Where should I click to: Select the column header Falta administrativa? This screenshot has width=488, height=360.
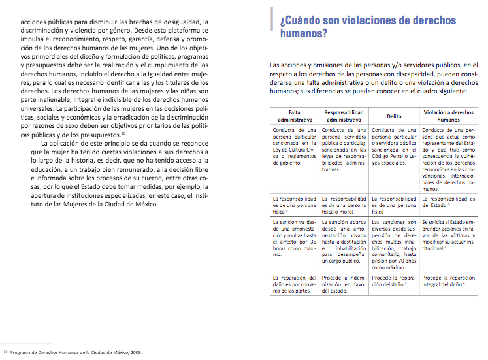point(295,116)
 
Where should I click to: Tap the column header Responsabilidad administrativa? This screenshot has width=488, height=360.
point(344,116)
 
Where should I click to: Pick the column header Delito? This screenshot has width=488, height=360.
point(394,116)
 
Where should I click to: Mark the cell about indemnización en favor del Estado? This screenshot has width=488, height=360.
point(344,286)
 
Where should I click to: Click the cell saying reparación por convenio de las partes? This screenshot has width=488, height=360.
point(295,286)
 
